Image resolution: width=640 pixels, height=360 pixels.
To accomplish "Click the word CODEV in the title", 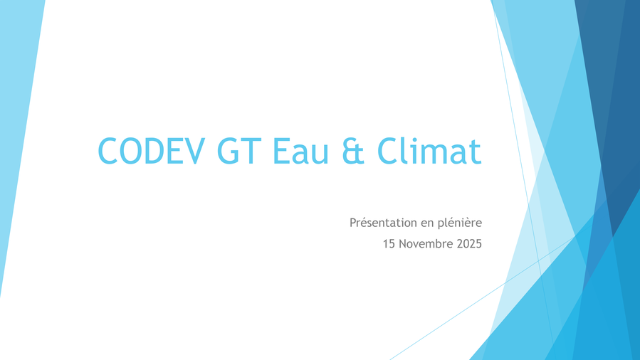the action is pyautogui.click(x=152, y=152).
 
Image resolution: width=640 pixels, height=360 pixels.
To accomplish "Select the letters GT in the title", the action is pyautogui.click(x=239, y=152).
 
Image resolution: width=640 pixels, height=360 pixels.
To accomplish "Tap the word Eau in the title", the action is pyautogui.click(x=300, y=152).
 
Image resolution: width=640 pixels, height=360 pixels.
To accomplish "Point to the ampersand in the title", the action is pyautogui.click(x=353, y=152).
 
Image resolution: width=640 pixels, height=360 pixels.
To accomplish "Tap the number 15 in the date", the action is pyautogui.click(x=389, y=244).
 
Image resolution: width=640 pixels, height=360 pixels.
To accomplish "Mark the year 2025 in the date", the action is pyautogui.click(x=469, y=244).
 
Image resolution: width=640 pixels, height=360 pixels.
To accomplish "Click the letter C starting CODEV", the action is pyautogui.click(x=108, y=152).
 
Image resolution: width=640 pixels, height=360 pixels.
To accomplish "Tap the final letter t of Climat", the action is pyautogui.click(x=476, y=153).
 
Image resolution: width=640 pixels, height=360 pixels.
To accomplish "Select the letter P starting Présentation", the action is pyautogui.click(x=354, y=223).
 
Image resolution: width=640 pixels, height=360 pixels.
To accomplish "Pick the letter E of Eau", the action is pyautogui.click(x=280, y=152).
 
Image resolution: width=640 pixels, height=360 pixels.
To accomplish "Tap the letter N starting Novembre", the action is pyautogui.click(x=403, y=244).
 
